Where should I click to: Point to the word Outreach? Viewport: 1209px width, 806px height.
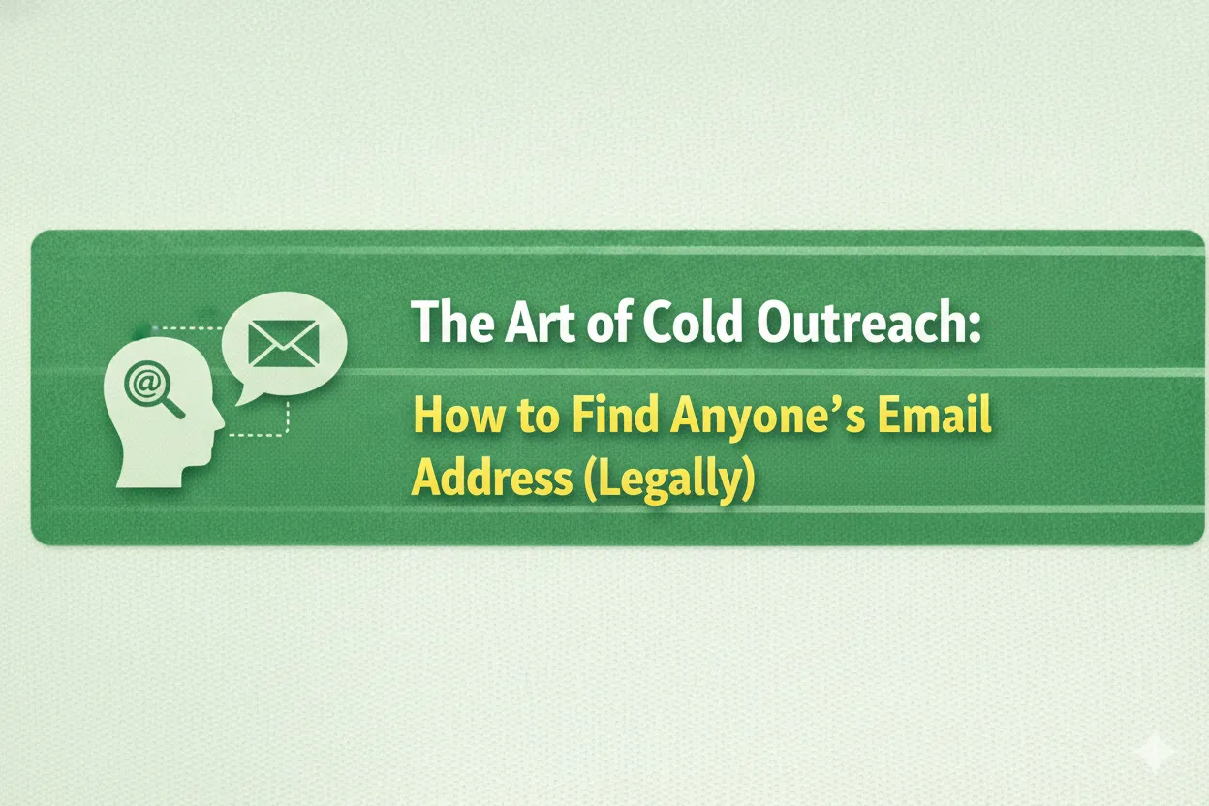click(868, 324)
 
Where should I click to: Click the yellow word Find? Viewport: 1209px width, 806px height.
click(611, 418)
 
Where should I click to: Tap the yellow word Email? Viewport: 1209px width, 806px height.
click(935, 418)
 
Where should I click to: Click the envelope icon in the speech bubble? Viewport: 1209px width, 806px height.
click(284, 342)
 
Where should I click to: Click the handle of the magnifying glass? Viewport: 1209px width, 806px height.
click(173, 408)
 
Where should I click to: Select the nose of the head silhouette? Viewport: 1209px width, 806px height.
click(220, 423)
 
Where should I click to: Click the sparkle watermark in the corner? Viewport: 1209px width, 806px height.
click(1152, 752)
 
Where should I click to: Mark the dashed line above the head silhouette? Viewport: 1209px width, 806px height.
click(189, 328)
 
